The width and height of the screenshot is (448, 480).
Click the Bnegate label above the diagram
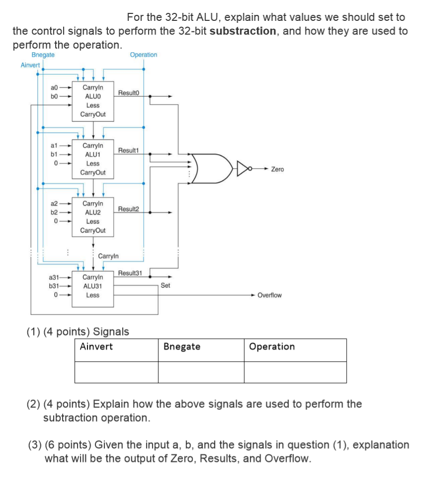pyautogui.click(x=43, y=55)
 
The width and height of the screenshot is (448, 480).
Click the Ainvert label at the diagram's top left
pyautogui.click(x=30, y=65)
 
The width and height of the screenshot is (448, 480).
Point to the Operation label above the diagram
pyautogui.click(x=143, y=55)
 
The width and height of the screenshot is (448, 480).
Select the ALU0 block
pyautogui.click(x=93, y=101)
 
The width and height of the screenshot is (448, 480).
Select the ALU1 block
pyautogui.click(x=93, y=159)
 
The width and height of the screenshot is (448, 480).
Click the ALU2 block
pyautogui.click(x=93, y=217)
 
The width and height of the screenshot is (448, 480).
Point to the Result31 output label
pyautogui.click(x=130, y=273)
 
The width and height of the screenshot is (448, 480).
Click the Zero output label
pyautogui.click(x=277, y=169)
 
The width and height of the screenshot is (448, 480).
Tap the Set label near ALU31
pyautogui.click(x=165, y=286)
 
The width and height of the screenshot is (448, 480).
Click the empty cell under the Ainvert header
pyautogui.click(x=117, y=372)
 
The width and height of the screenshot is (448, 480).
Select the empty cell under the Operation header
pyautogui.click(x=295, y=372)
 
